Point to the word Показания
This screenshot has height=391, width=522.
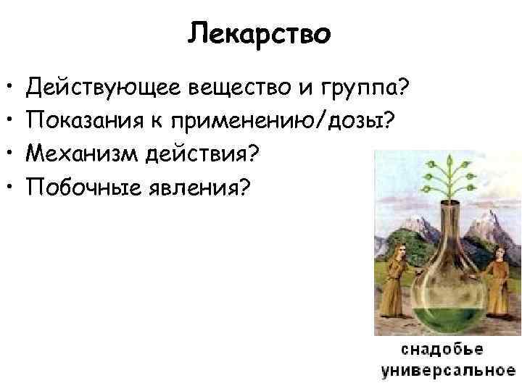85,122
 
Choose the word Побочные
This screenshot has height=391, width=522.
82,188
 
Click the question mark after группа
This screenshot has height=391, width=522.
405,90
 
